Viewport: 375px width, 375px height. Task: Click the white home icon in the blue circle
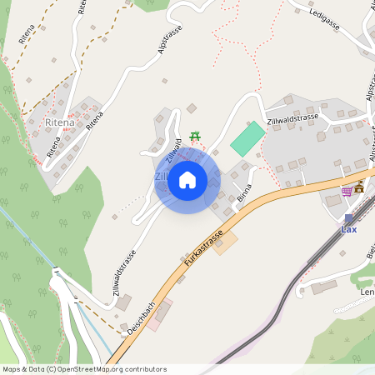tap(187, 180)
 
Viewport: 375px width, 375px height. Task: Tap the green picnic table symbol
tap(195, 135)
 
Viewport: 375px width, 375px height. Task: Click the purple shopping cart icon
tap(347, 191)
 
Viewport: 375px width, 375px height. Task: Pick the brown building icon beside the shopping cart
tap(359, 187)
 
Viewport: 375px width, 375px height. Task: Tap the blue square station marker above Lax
tap(348, 218)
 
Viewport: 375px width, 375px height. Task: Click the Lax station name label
tap(349, 229)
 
